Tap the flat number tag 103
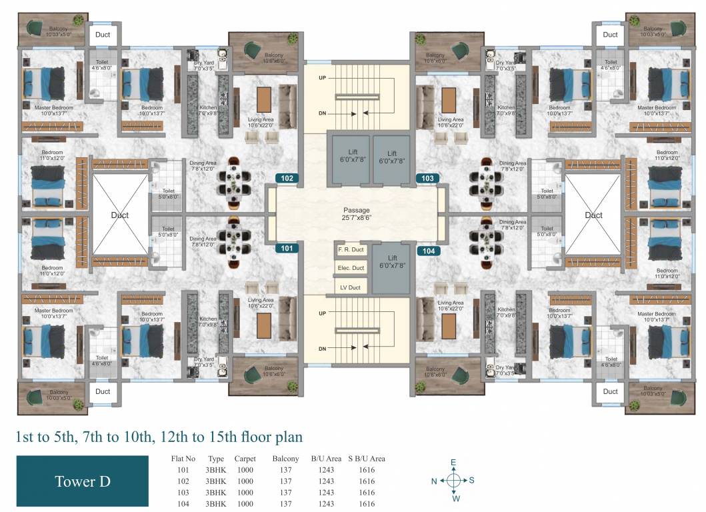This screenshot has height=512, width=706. point(427,179)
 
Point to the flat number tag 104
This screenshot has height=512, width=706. point(427,251)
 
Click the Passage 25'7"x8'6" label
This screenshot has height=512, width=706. point(357,213)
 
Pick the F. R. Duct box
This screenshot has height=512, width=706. point(349,250)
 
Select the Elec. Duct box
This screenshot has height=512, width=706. point(351,268)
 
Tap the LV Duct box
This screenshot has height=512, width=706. point(351,287)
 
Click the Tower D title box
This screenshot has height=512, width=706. point(82,481)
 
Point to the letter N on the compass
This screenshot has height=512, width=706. point(434,480)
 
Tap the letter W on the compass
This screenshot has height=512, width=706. point(456,498)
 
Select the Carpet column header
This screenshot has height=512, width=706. point(245,459)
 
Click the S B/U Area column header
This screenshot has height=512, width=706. point(367,459)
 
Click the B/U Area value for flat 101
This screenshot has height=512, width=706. point(325,470)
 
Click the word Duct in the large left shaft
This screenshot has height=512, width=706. point(119,215)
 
